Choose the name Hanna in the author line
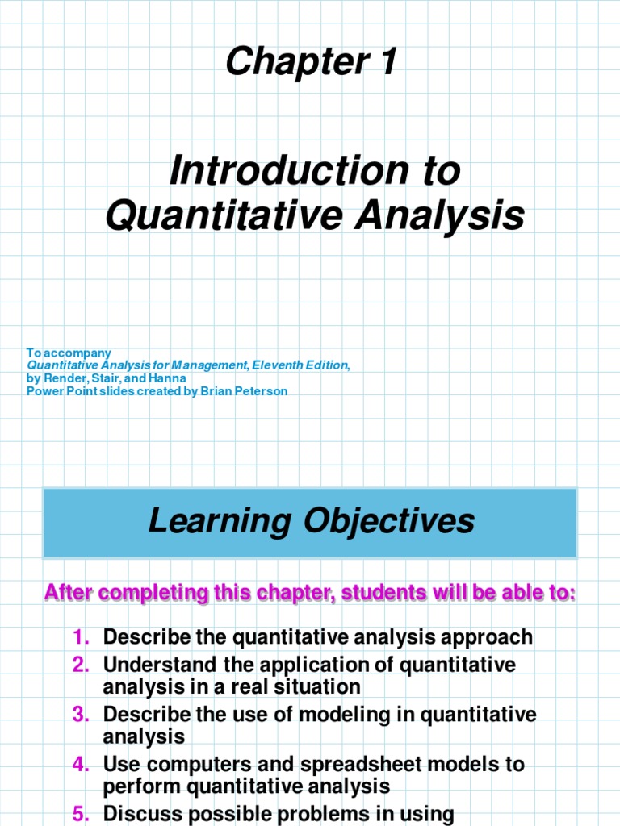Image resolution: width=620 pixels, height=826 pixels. (x=169, y=378)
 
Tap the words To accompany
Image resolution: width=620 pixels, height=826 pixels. (x=69, y=353)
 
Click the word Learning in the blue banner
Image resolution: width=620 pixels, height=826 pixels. (x=220, y=522)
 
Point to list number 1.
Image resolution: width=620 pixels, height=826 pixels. (x=80, y=637)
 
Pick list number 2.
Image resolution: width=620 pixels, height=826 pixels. (x=80, y=665)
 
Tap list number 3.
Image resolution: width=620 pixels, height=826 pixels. (x=80, y=715)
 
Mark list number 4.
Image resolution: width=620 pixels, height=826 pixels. (x=80, y=765)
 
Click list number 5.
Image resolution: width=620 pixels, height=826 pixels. (x=80, y=814)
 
